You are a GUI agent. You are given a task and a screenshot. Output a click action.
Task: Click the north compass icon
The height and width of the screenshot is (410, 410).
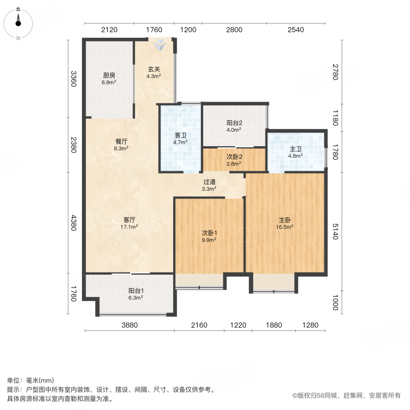click(18, 22)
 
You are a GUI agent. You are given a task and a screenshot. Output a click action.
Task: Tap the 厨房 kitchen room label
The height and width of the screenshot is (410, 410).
click(109, 76)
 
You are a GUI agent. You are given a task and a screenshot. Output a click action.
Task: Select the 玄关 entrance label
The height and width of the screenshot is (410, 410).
click(153, 70)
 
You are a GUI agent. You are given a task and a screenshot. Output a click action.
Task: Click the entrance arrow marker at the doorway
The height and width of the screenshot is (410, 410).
click(160, 45)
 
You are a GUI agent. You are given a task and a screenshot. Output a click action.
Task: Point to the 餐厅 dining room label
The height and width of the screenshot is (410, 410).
click(121, 141)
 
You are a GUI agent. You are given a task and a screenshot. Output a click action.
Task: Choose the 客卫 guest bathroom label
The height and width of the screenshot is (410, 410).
click(180, 135)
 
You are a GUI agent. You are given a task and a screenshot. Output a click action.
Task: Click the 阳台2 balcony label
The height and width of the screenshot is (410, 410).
click(234, 123)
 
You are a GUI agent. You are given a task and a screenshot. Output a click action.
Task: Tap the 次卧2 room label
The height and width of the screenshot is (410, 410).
click(234, 157)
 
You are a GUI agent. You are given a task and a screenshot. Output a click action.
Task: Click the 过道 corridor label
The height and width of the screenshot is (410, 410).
click(210, 181)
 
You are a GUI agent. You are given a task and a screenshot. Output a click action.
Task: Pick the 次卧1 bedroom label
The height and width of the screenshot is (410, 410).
click(209, 232)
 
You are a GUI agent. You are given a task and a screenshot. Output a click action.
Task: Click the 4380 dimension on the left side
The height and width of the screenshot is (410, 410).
click(73, 223)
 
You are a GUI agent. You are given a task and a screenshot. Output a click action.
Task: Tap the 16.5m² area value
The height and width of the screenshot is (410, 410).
click(286, 226)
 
